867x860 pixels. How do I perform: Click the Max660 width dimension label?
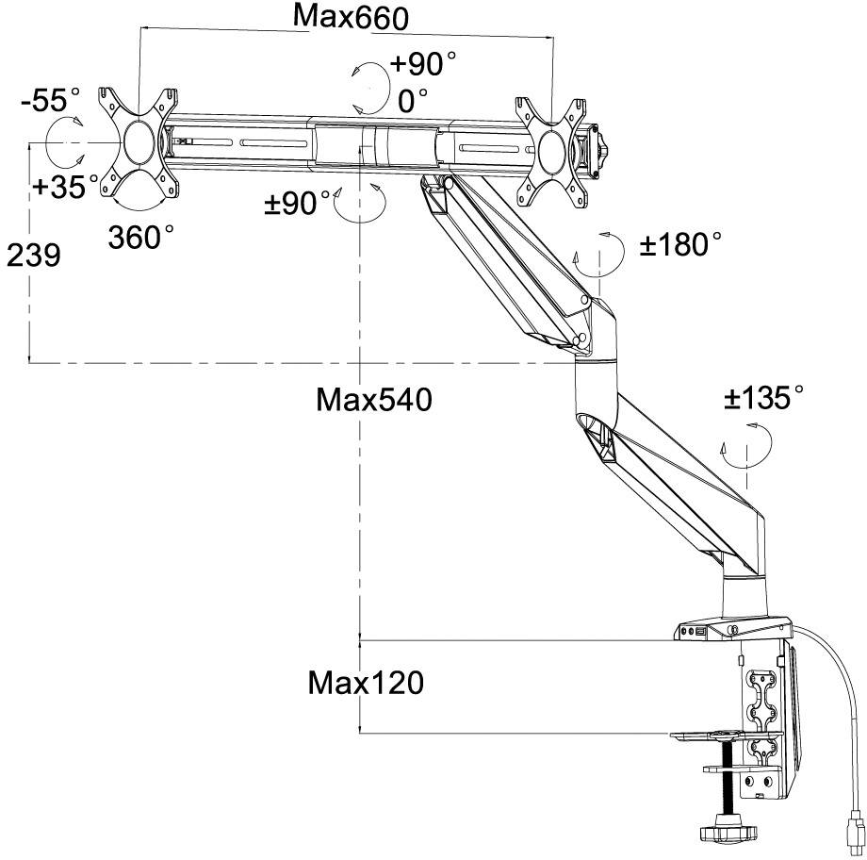[352, 16]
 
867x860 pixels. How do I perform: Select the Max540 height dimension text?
[374, 400]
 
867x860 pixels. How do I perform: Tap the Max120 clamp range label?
[366, 682]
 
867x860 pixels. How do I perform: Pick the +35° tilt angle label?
[65, 186]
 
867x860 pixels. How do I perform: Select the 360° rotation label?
[140, 237]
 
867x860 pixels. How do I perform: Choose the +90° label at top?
[423, 65]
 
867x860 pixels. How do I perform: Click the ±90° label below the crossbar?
[297, 204]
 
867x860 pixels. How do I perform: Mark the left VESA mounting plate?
[139, 143]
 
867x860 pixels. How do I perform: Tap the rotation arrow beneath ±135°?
[746, 443]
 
